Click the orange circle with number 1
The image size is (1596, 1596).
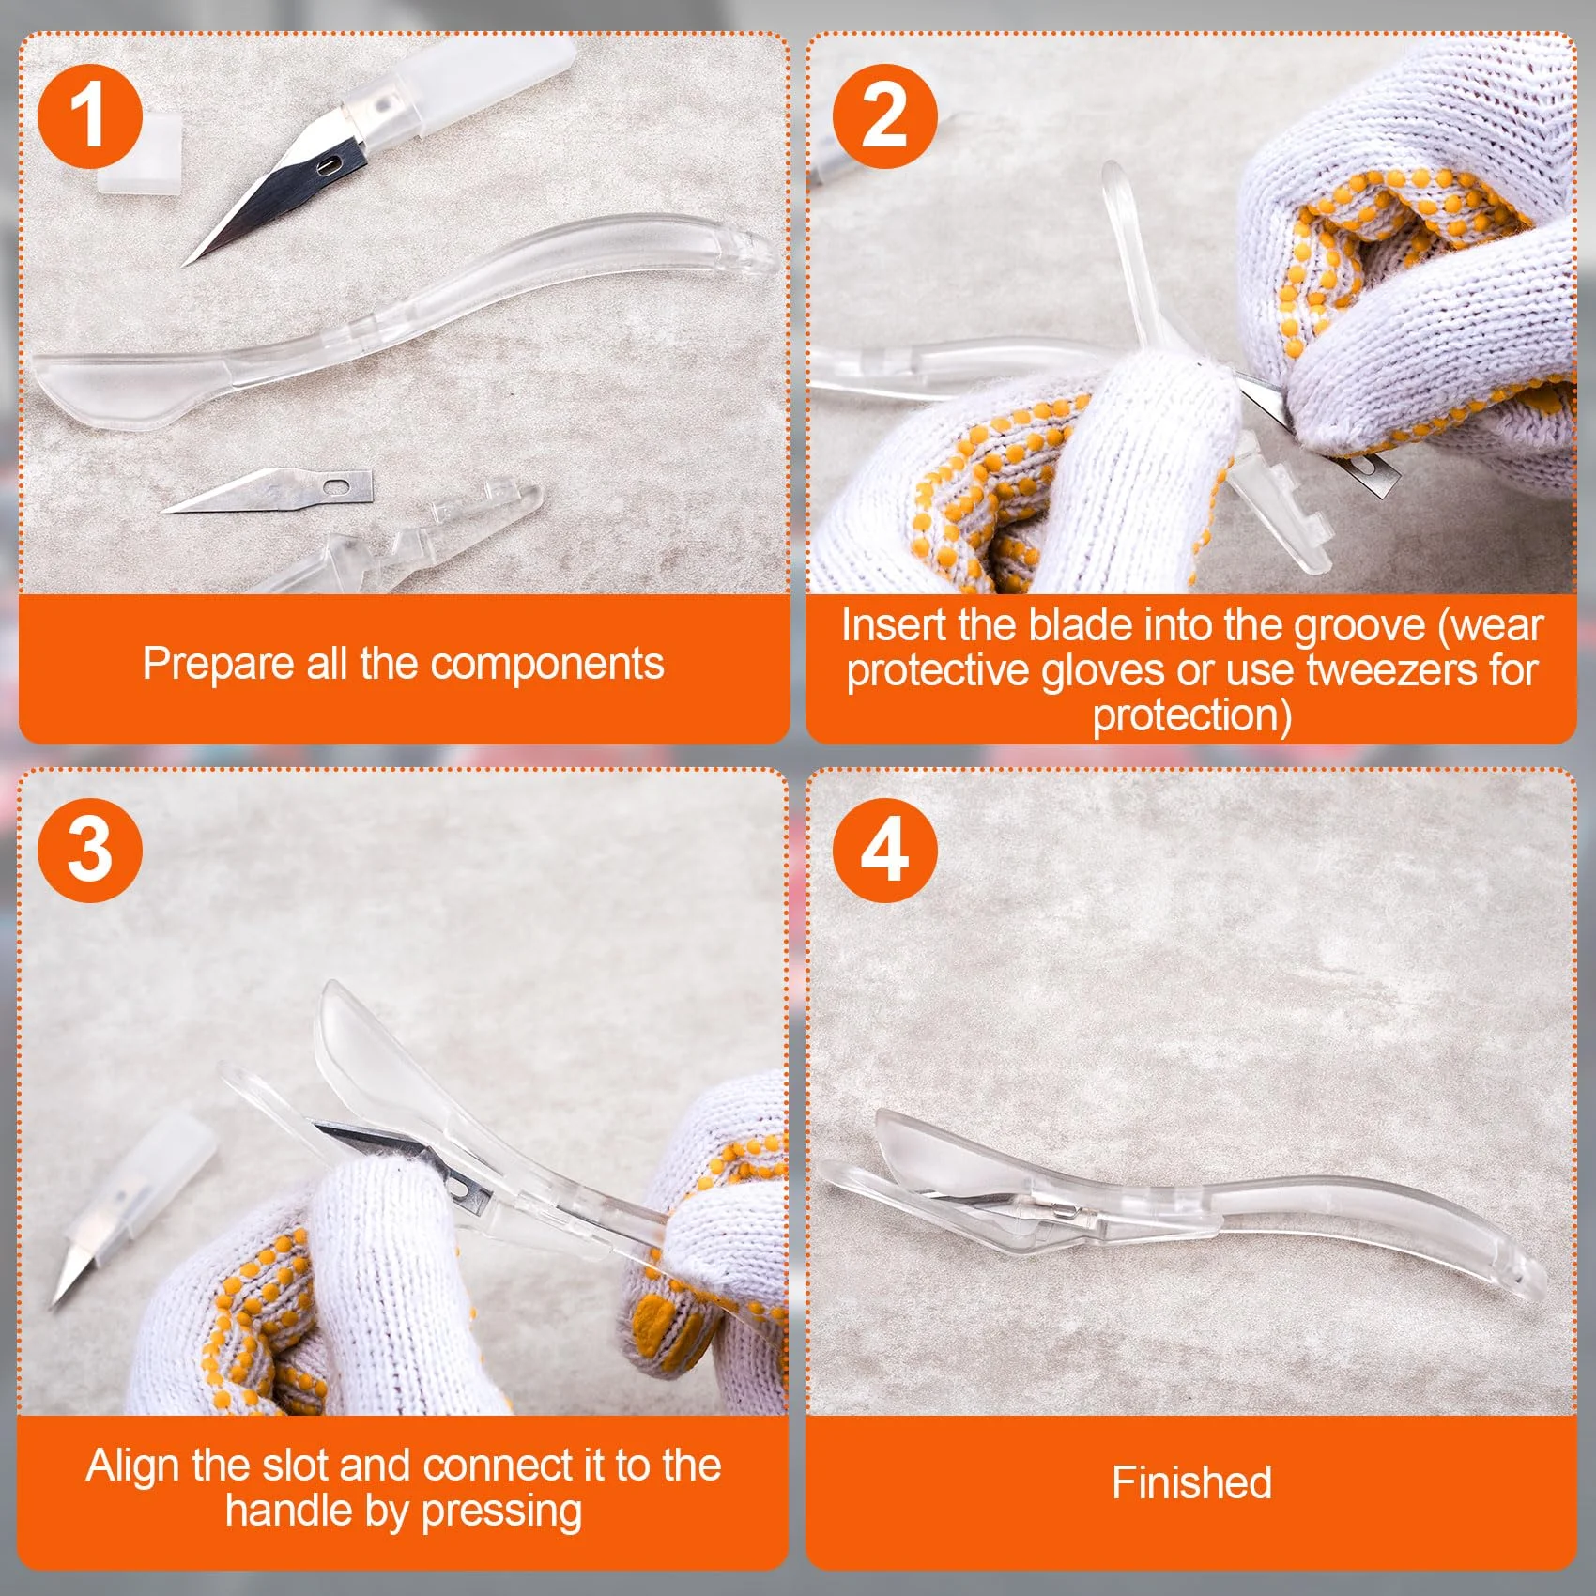(x=90, y=116)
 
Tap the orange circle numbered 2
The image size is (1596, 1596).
(x=884, y=116)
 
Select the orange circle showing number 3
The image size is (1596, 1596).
(x=90, y=850)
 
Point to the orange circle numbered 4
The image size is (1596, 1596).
(x=884, y=850)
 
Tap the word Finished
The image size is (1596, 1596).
(x=1191, y=1483)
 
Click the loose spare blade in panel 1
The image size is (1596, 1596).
(x=267, y=490)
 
